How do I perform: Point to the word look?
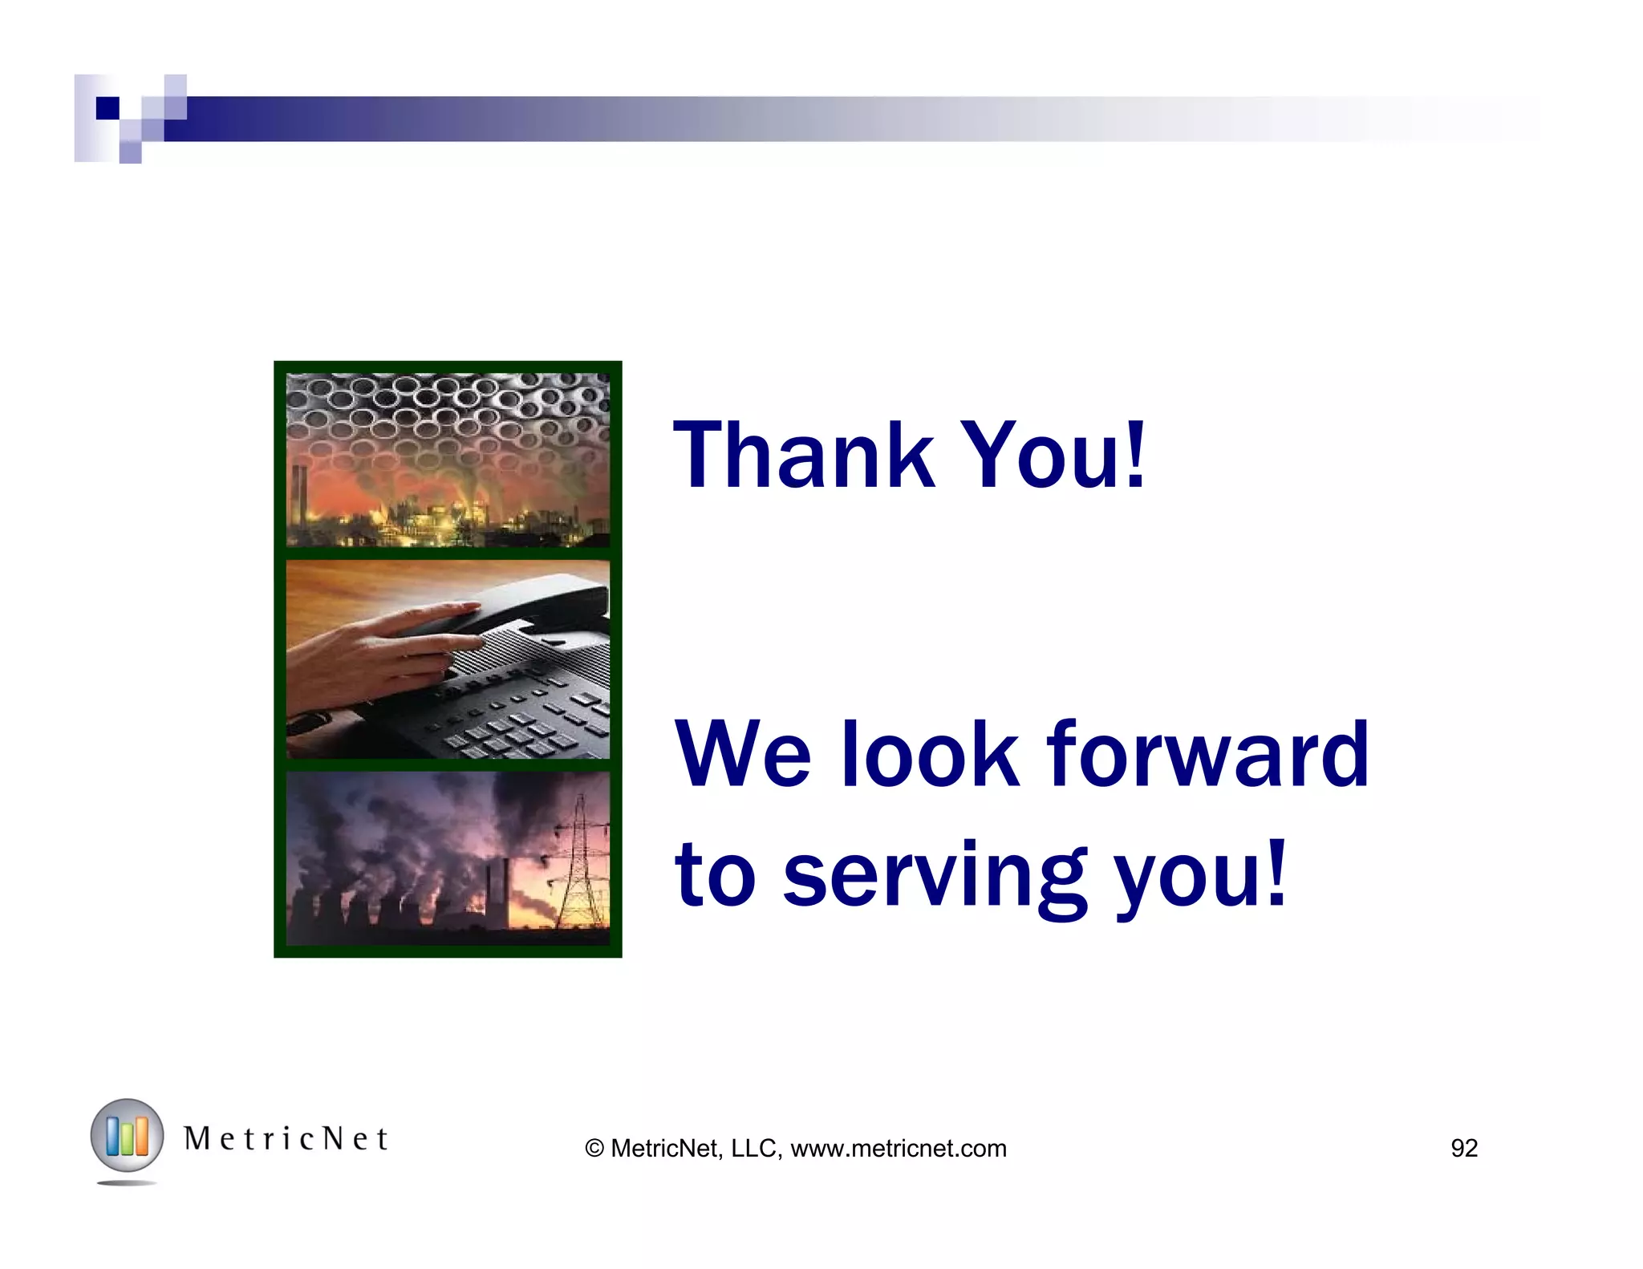point(930,754)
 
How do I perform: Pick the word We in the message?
point(743,754)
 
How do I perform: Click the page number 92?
point(1464,1149)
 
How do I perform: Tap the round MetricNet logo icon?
point(127,1136)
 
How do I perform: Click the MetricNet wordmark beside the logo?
point(286,1139)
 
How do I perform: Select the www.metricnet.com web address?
point(898,1149)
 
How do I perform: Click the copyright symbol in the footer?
point(594,1149)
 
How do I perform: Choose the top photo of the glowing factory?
point(448,460)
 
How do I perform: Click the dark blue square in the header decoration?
point(108,107)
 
